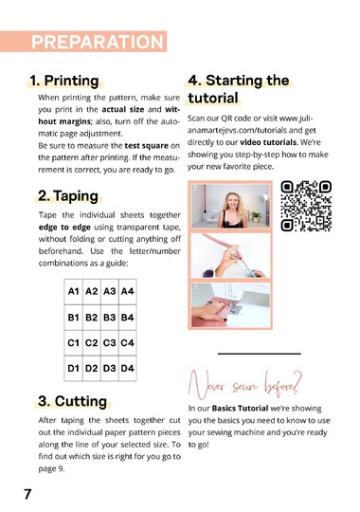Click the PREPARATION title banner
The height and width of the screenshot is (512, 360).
[97, 42]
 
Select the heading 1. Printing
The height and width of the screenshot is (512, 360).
[64, 81]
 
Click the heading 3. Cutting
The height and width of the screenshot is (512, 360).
[71, 401]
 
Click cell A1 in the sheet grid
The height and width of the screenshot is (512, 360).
[73, 292]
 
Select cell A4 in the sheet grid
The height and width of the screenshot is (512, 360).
[128, 292]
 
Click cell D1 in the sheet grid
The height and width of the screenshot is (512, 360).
[73, 366]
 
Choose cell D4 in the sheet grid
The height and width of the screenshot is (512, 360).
[128, 366]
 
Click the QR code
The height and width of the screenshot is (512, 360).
[306, 206]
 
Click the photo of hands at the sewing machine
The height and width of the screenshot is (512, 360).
[231, 307]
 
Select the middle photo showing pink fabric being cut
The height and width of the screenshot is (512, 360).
[231, 256]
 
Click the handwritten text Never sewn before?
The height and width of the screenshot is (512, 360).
[244, 384]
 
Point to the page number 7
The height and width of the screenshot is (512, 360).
[28, 493]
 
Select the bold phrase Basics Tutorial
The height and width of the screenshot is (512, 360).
[240, 408]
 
